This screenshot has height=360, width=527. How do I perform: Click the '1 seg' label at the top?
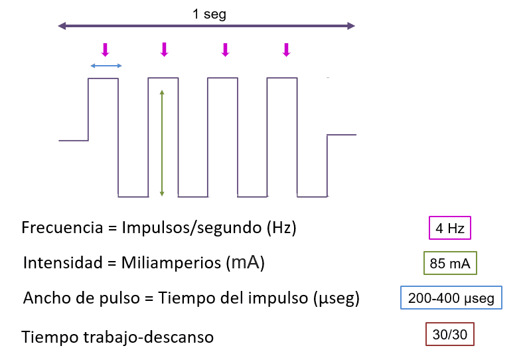[209, 14]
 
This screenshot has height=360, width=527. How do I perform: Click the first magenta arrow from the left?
[104, 49]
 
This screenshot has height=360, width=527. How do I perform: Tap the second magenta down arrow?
[165, 49]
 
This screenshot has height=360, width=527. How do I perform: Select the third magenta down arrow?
[225, 49]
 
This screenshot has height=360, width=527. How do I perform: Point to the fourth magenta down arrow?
[286, 49]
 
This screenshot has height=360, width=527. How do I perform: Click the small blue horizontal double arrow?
[106, 65]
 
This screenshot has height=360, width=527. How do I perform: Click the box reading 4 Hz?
[449, 228]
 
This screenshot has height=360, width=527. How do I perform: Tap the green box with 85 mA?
[449, 263]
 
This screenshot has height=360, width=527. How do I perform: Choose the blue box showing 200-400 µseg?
[451, 298]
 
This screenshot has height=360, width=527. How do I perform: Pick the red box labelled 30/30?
[449, 334]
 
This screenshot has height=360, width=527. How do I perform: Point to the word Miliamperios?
[172, 263]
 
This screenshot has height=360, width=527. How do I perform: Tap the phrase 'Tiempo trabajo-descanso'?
[117, 337]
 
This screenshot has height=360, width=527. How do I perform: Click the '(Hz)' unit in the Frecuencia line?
[281, 228]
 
